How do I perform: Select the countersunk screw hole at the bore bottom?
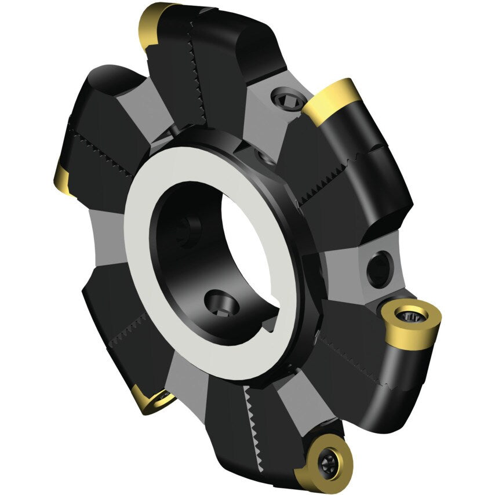222,301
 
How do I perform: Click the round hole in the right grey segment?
378,268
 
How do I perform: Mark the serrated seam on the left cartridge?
101,152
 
